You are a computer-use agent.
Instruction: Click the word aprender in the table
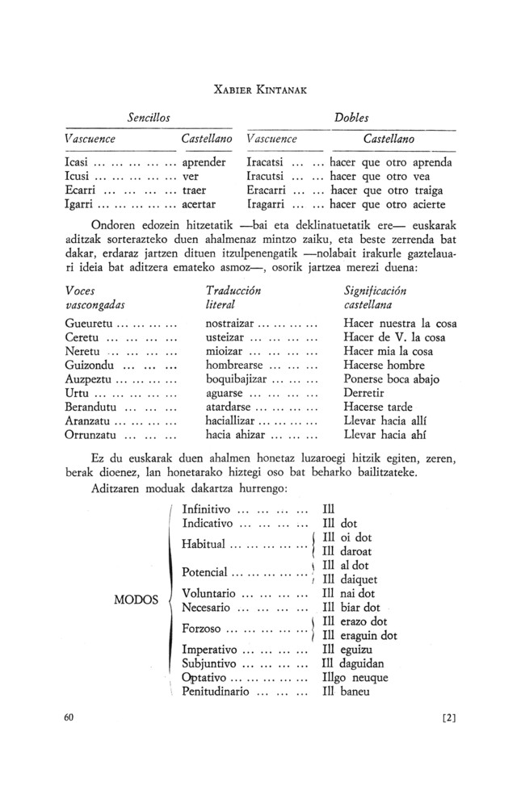click(x=204, y=161)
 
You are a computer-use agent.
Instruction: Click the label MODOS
click(x=137, y=601)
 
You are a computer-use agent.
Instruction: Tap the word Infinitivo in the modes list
click(x=207, y=509)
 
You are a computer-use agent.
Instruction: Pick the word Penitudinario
click(x=219, y=692)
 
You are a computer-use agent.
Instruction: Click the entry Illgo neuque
click(x=355, y=677)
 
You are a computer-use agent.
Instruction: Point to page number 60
click(x=69, y=718)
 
